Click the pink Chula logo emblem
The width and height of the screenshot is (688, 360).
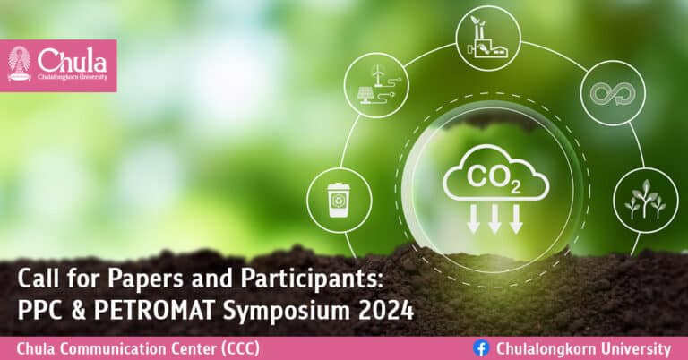(x=19, y=64)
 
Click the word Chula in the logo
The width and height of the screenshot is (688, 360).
(x=71, y=60)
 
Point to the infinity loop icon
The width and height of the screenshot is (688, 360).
(x=613, y=91)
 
